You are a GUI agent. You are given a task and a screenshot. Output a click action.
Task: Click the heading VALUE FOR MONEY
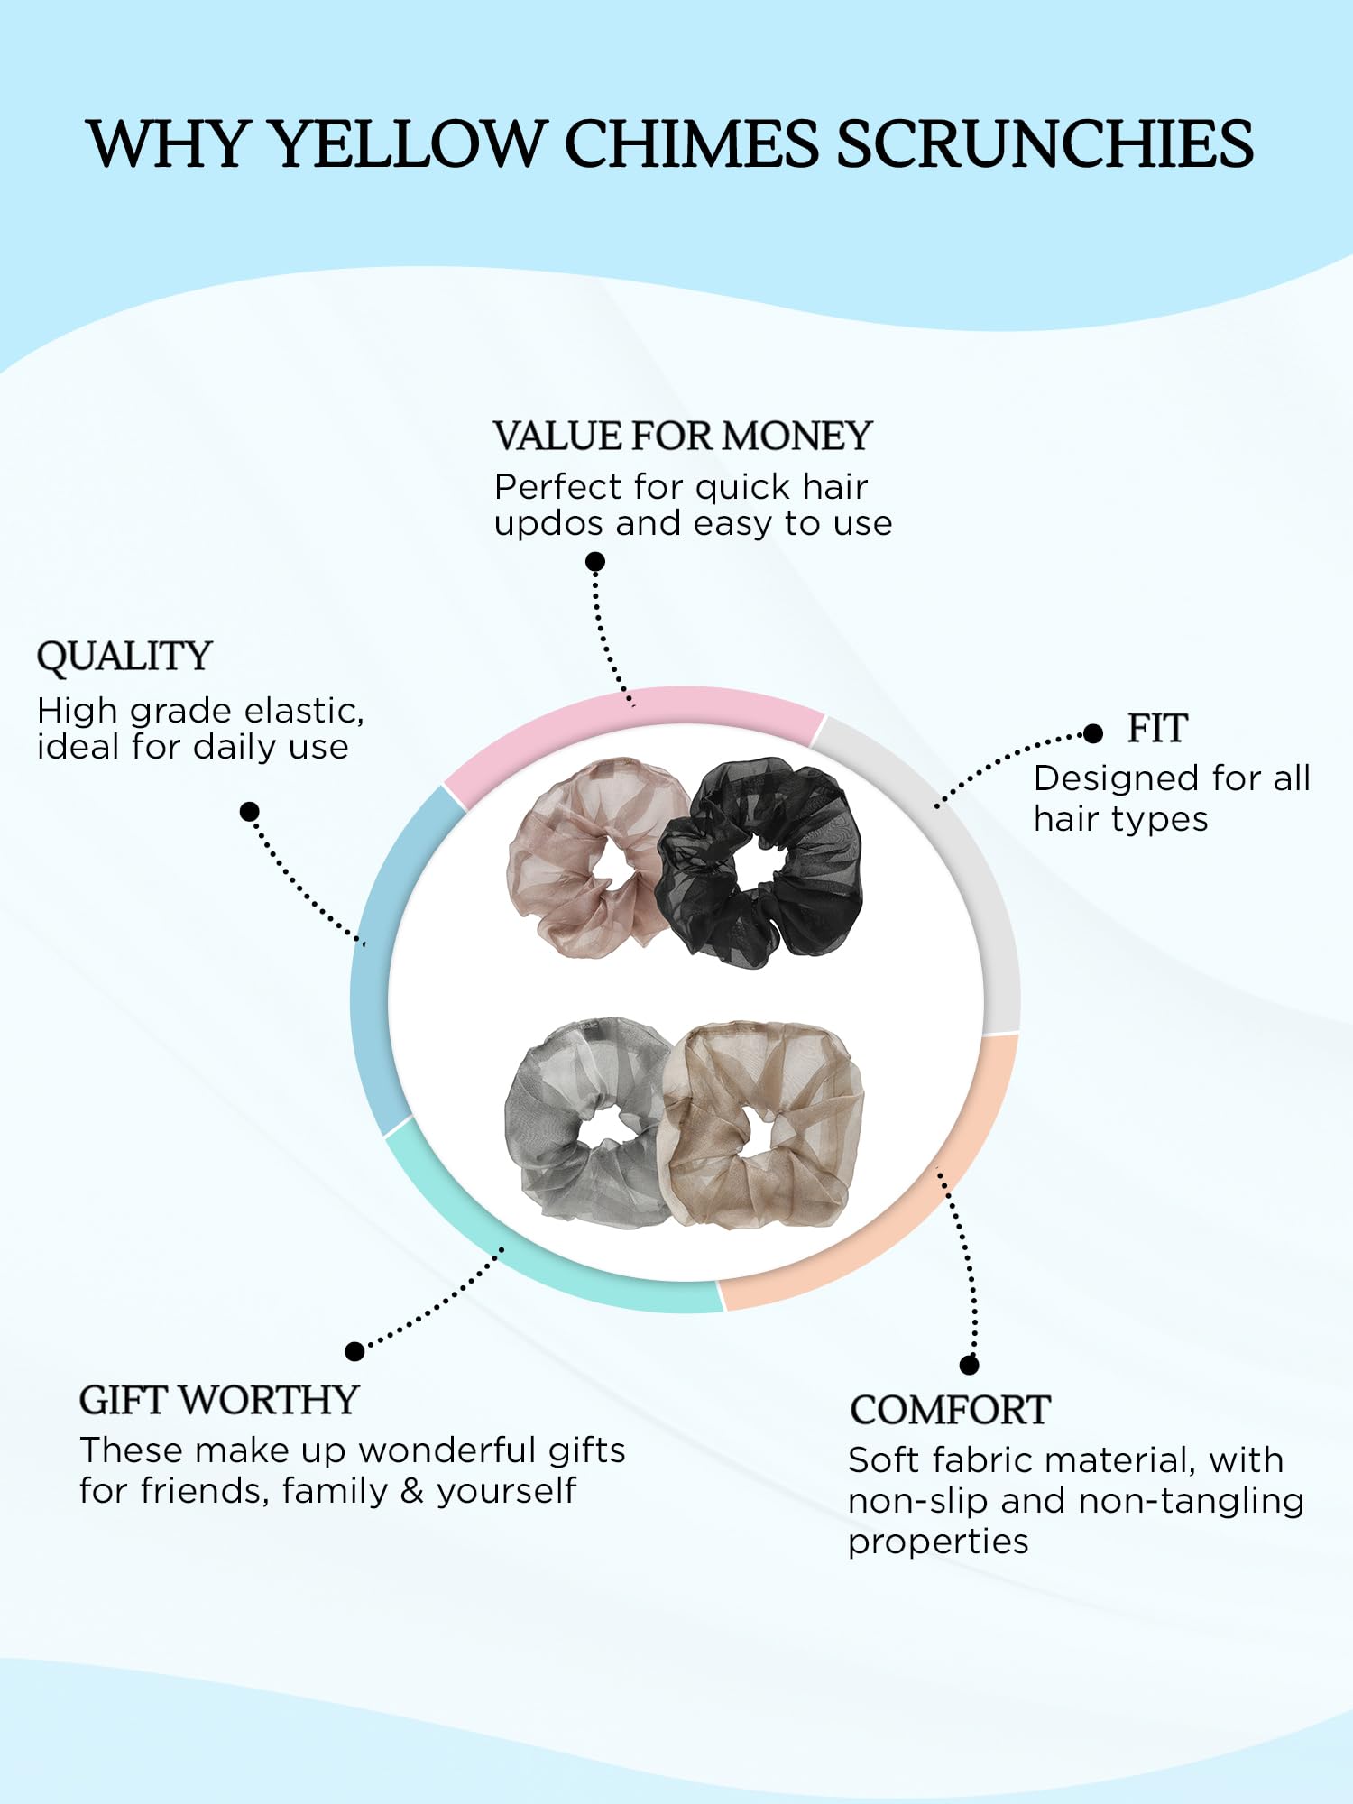pyautogui.click(x=683, y=437)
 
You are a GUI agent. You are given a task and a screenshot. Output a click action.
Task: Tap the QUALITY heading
pyautogui.click(x=124, y=657)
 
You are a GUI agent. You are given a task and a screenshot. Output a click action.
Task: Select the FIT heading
pyautogui.click(x=1157, y=729)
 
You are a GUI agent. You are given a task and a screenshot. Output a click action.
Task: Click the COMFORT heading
pyautogui.click(x=950, y=1411)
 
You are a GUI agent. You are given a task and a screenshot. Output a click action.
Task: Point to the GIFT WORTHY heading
pyautogui.click(x=219, y=1401)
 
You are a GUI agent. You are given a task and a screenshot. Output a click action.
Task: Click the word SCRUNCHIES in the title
pyautogui.click(x=1045, y=144)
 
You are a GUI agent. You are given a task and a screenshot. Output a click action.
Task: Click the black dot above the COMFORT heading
pyautogui.click(x=970, y=1365)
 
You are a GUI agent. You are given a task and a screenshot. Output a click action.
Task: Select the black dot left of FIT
pyautogui.click(x=1093, y=733)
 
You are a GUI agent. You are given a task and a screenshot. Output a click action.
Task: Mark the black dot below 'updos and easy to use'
pyautogui.click(x=595, y=562)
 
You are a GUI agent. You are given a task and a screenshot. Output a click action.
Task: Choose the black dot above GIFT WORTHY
pyautogui.click(x=355, y=1351)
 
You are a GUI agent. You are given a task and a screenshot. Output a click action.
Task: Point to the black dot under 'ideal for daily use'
pyautogui.click(x=250, y=812)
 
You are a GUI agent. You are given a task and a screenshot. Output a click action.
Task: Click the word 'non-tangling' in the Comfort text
pyautogui.click(x=1191, y=1501)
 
